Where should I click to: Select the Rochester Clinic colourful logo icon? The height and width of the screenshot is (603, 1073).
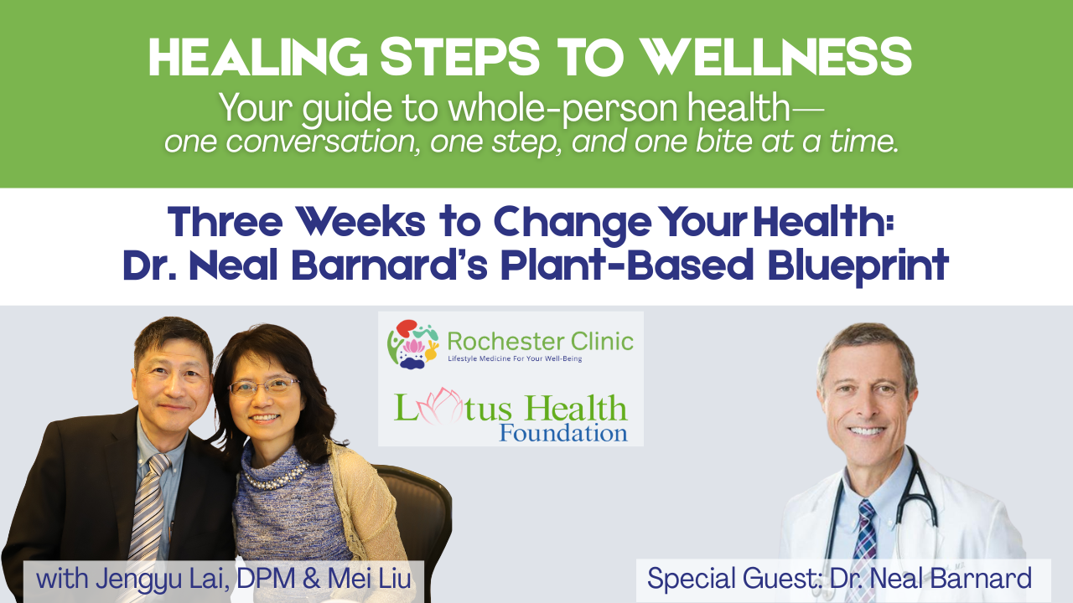click(411, 343)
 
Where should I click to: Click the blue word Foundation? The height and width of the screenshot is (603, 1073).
click(562, 434)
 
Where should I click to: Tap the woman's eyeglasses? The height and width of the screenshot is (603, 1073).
click(264, 386)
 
